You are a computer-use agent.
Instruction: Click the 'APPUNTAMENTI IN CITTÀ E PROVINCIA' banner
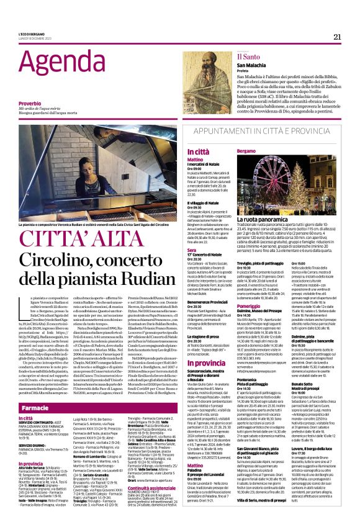[x=255, y=132]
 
